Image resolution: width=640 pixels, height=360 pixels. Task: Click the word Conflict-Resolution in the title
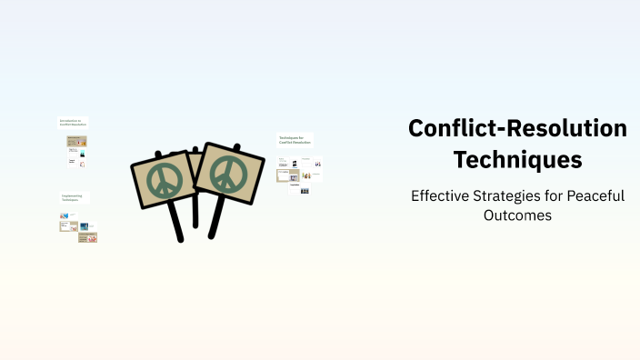pos(517,129)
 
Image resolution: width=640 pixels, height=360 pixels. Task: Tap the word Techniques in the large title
pos(517,160)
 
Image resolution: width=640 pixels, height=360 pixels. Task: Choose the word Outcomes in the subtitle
pos(517,215)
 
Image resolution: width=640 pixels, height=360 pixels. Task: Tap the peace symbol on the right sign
pos(227,171)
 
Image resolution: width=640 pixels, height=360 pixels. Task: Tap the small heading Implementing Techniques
pos(74,197)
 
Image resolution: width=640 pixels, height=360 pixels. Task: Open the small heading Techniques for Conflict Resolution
pos(295,140)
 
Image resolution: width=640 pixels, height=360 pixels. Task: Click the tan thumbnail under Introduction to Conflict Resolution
pos(76,142)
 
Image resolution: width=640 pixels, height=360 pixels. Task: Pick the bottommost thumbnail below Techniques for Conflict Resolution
pos(305,191)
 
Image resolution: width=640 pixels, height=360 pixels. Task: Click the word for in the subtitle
pos(557,195)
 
